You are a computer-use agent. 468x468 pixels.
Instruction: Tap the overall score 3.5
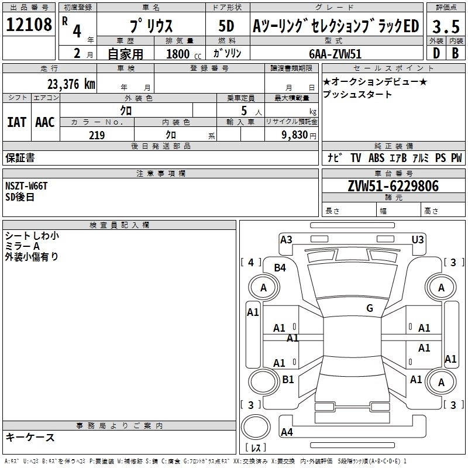pos(446,26)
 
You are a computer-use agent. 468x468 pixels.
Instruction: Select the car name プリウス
pos(150,26)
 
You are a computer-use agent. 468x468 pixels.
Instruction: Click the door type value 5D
pos(226,26)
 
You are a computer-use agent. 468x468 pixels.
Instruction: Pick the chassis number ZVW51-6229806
pos(393,186)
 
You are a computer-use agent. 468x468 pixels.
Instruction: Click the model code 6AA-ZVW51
pos(335,53)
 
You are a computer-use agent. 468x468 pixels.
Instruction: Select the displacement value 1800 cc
pos(181,54)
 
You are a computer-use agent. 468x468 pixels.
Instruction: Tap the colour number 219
pos(97,135)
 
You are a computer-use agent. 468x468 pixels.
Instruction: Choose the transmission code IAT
pos(16,122)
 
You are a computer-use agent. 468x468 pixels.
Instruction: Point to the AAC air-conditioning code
pos(45,122)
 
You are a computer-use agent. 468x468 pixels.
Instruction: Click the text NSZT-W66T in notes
pos(26,186)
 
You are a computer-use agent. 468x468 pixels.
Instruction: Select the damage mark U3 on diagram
pos(418,239)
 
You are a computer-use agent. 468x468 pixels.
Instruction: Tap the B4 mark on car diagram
pos(280,268)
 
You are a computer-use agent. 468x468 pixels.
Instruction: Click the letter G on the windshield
pos(369,308)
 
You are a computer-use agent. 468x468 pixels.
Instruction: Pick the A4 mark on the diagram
pos(287,432)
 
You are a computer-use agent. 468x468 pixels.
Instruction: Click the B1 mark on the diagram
pos(288,380)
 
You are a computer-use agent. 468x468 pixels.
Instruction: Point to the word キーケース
pos(30,437)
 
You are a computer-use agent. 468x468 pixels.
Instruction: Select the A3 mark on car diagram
pos(286,239)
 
